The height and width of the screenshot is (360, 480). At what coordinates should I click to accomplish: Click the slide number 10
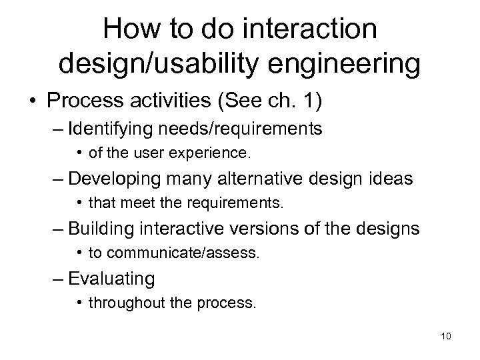point(446,335)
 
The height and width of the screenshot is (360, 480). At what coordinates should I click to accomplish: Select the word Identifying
point(115,129)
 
